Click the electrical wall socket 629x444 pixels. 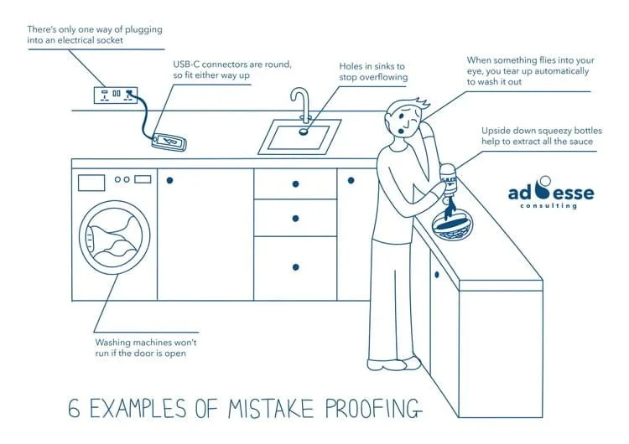click(117, 95)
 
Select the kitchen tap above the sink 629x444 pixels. click(300, 105)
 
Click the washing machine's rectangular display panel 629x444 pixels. click(91, 182)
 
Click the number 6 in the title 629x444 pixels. click(75, 409)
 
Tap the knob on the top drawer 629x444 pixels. click(295, 183)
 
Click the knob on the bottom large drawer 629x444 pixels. click(295, 267)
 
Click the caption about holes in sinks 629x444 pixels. click(373, 71)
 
